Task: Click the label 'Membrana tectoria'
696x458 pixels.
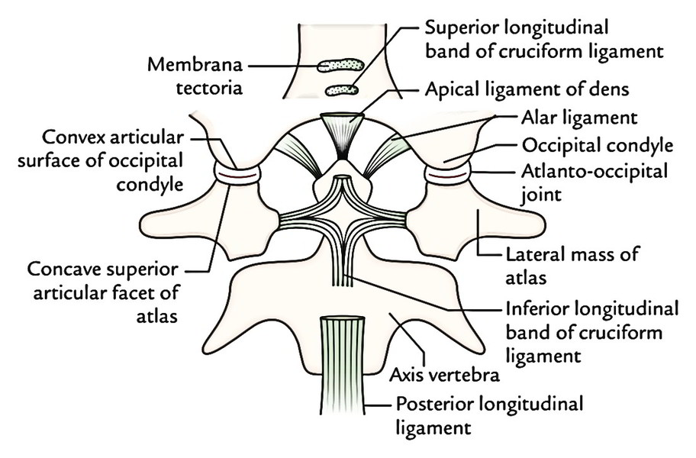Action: [x=195, y=76]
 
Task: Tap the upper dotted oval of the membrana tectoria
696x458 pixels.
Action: [x=340, y=66]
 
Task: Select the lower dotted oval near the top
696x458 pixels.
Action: [x=342, y=90]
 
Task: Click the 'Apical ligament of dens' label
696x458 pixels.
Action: [x=527, y=89]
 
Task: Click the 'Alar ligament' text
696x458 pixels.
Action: [x=579, y=118]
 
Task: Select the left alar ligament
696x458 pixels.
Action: [x=298, y=154]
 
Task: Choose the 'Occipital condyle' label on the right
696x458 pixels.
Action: [x=597, y=145]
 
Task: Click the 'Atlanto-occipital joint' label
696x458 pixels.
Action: [x=594, y=183]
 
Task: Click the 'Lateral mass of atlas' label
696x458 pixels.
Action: [x=572, y=266]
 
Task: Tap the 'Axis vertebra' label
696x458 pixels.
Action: [x=444, y=376]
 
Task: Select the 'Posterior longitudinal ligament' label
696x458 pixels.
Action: [x=488, y=416]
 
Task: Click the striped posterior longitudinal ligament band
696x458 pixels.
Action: [x=342, y=365]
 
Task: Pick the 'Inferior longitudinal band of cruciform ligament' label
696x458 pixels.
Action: [x=592, y=332]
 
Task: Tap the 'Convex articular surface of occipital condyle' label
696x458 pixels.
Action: [x=101, y=160]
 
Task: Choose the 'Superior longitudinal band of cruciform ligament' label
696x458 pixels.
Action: [x=544, y=40]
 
